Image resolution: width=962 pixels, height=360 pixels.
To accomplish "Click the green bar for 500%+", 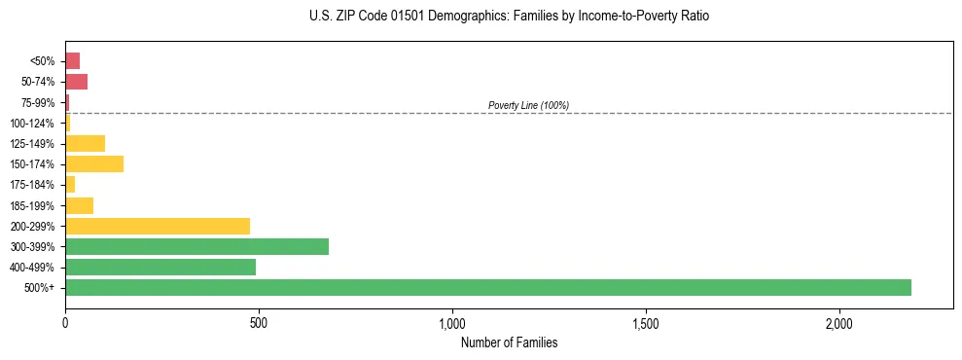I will click(x=487, y=287).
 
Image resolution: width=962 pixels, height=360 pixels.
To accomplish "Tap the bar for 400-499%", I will click(x=160, y=267).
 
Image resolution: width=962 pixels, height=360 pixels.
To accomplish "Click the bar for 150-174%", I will click(x=94, y=163).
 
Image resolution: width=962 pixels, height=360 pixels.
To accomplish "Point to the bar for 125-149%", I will click(x=85, y=143).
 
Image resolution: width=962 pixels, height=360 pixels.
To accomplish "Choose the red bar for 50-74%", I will click(x=76, y=82).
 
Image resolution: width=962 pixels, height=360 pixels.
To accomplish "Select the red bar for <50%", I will click(x=72, y=60).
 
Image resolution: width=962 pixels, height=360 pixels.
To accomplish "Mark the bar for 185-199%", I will click(x=79, y=205).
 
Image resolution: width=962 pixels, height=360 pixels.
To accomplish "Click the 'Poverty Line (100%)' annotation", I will click(x=528, y=105).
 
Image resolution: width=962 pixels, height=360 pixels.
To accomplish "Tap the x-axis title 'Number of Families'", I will click(x=509, y=342).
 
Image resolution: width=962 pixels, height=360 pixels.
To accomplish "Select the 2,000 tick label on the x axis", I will click(x=839, y=322).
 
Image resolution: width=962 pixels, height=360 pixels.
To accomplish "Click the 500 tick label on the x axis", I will click(x=259, y=322).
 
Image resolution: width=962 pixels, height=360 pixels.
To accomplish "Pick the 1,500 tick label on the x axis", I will click(x=646, y=322).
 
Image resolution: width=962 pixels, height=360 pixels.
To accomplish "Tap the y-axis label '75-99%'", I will click(x=39, y=102).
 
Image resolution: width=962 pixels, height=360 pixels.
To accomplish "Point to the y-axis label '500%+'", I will click(x=41, y=288).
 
